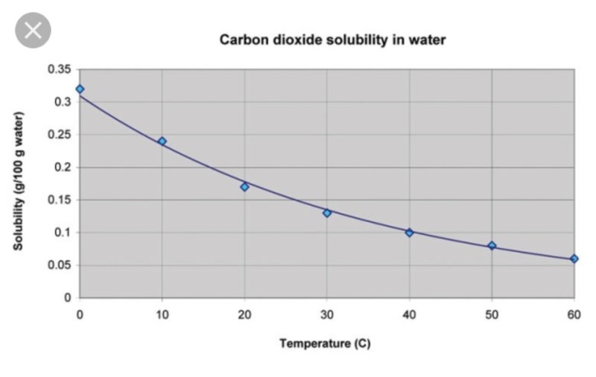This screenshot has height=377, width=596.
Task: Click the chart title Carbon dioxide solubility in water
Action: (332, 39)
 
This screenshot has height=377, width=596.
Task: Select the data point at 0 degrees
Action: (80, 89)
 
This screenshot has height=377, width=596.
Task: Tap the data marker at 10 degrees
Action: (162, 141)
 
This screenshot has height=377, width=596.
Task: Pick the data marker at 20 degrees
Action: (244, 186)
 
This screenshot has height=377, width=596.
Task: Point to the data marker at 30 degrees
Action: (327, 213)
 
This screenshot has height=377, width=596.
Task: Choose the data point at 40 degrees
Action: (409, 232)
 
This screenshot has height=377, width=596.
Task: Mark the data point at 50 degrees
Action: (492, 246)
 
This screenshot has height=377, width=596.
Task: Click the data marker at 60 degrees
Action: (574, 259)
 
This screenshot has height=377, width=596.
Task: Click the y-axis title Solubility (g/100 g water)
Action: (19, 181)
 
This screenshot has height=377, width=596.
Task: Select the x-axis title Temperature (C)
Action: (325, 343)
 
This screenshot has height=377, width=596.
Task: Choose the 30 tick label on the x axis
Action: (327, 314)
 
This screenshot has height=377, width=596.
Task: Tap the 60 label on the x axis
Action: (574, 314)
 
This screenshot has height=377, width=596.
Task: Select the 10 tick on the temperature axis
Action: (162, 314)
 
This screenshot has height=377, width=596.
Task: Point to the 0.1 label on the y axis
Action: (63, 232)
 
